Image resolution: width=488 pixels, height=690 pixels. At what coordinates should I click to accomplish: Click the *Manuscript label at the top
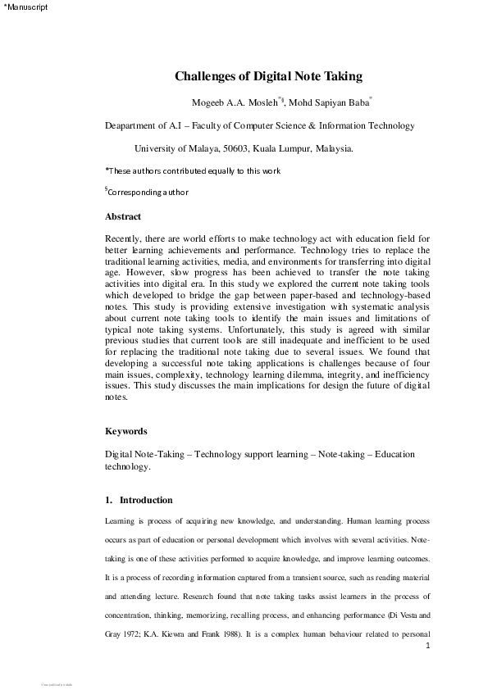(25, 7)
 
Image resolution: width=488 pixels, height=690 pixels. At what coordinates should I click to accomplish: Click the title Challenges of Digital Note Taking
(268, 77)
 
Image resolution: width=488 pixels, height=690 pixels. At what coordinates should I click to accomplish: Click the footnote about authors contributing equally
(193, 170)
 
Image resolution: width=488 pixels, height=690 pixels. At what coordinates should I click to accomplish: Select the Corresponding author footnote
(147, 193)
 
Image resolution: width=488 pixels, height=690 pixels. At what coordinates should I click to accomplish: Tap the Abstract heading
(123, 217)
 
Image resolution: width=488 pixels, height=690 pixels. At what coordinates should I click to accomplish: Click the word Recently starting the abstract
(125, 238)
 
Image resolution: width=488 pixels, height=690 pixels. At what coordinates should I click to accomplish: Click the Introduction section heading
(145, 500)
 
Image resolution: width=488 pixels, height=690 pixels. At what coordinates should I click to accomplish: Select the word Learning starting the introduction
(121, 521)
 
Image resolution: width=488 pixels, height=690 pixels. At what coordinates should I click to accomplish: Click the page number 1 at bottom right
(428, 646)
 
